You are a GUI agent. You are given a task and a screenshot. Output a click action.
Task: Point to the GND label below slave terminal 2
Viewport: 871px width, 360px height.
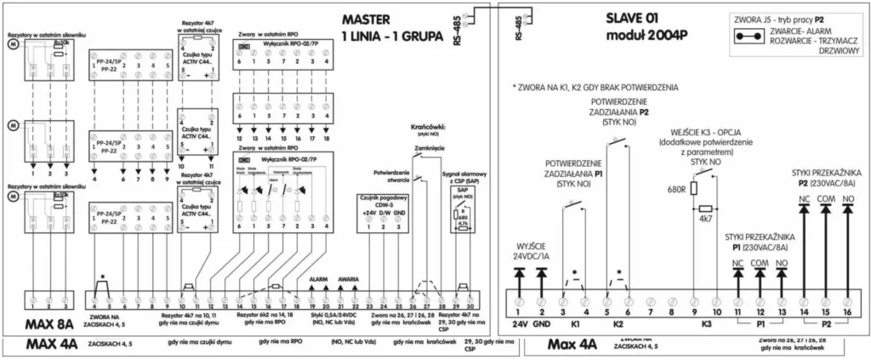click(542, 323)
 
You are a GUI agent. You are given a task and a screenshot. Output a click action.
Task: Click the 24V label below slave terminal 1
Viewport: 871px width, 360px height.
click(520, 323)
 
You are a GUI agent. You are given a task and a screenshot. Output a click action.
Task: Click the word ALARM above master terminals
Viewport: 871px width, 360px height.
click(318, 278)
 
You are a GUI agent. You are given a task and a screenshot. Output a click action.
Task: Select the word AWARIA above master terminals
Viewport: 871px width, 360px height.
click(349, 278)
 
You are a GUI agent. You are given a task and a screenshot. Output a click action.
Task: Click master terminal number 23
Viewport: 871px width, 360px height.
click(369, 306)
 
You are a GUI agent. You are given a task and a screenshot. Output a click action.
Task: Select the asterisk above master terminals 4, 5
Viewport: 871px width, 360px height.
click(103, 278)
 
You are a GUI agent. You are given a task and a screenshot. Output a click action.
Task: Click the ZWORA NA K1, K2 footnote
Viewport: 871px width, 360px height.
click(595, 87)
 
